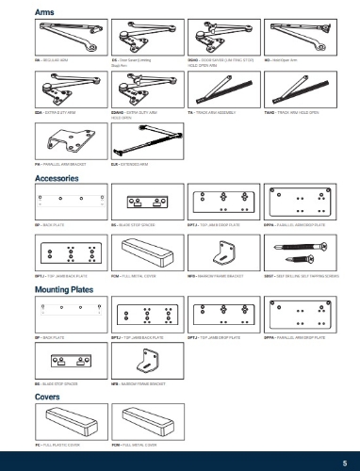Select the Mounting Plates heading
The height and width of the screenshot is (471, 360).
click(63, 294)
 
